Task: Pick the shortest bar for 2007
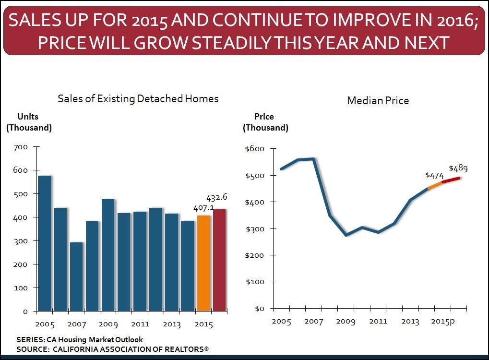[76, 276]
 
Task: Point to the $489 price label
[458, 168]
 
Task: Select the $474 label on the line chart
[434, 176]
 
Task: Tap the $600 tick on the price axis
[255, 149]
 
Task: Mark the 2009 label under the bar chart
[108, 324]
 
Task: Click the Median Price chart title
[378, 101]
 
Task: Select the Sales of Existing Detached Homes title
[138, 99]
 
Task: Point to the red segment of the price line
[451, 180]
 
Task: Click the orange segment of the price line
[434, 185]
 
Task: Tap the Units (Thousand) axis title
[28, 122]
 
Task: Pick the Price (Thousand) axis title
[265, 122]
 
